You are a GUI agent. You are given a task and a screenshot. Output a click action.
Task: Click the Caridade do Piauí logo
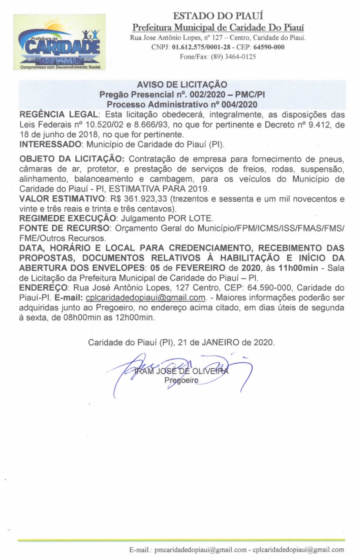tap(60, 42)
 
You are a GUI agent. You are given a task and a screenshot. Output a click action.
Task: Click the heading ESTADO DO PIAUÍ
tap(218, 16)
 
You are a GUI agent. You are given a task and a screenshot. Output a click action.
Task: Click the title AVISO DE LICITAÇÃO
tap(182, 84)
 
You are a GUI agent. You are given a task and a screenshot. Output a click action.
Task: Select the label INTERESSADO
tap(50, 144)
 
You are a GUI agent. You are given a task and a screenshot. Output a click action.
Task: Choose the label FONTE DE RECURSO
tap(64, 228)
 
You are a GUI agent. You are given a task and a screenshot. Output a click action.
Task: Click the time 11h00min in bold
tap(298, 268)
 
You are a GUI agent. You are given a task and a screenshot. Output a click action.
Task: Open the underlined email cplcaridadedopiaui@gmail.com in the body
tap(145, 298)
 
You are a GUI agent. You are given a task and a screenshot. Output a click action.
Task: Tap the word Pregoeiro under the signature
tap(181, 380)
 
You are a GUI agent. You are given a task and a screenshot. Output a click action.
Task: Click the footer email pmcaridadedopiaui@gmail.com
tap(200, 550)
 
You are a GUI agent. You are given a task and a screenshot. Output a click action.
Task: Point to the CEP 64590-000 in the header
tap(269, 47)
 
